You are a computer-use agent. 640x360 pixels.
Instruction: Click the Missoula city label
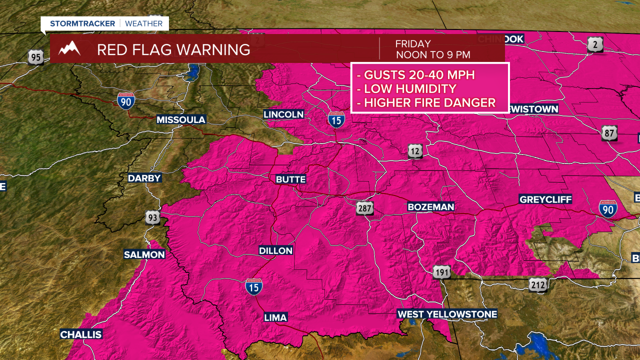tap(181, 120)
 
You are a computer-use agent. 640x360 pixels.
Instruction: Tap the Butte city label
tap(290, 179)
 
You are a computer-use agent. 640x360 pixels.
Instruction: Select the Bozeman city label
tap(430, 206)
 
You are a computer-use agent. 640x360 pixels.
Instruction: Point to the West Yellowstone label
tap(447, 314)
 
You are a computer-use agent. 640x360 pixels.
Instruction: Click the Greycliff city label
tap(545, 199)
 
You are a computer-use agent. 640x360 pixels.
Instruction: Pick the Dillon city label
tap(275, 250)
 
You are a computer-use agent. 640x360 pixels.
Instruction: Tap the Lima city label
tap(275, 317)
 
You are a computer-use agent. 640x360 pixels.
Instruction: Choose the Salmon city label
tap(144, 254)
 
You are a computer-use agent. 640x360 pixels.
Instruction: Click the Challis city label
tap(81, 334)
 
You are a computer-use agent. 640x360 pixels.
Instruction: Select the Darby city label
tap(144, 178)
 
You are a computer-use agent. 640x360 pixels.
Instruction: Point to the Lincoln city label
tap(283, 114)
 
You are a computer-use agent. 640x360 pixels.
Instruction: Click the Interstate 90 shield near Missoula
tap(126, 100)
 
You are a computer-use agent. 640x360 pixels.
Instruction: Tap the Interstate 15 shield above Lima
tap(253, 286)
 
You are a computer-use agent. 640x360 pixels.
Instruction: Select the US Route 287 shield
tap(365, 208)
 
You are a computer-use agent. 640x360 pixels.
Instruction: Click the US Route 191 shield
tap(441, 271)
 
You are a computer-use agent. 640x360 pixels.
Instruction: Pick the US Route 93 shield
tap(153, 217)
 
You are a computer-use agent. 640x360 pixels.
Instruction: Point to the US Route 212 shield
tap(537, 285)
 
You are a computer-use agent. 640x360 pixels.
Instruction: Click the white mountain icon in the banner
tap(69, 49)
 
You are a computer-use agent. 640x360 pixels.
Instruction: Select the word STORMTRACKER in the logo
tap(82, 23)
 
